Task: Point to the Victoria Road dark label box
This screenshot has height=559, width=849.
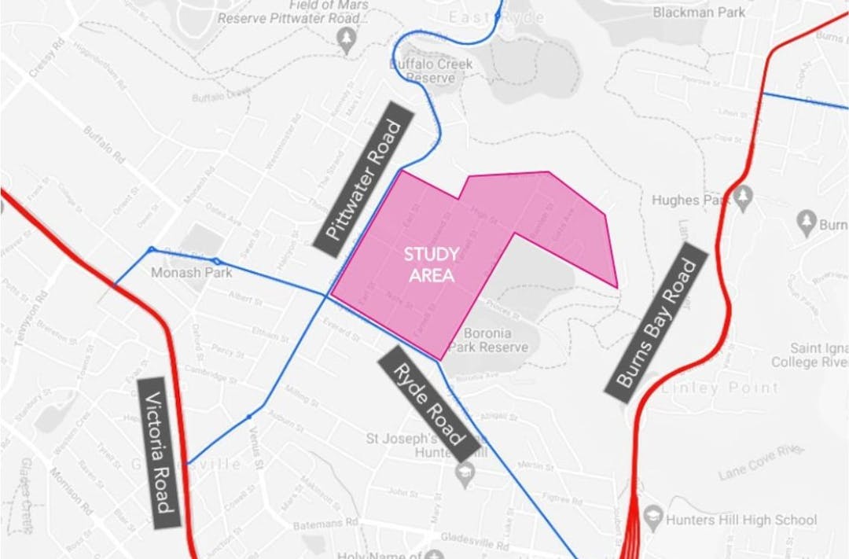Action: click(x=160, y=453)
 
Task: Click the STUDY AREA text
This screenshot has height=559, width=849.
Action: click(x=430, y=265)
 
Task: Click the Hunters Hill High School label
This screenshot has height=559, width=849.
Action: click(x=741, y=520)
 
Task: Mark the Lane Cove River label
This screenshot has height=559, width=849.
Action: click(x=759, y=464)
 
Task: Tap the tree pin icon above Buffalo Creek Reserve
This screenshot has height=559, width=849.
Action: click(x=346, y=40)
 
